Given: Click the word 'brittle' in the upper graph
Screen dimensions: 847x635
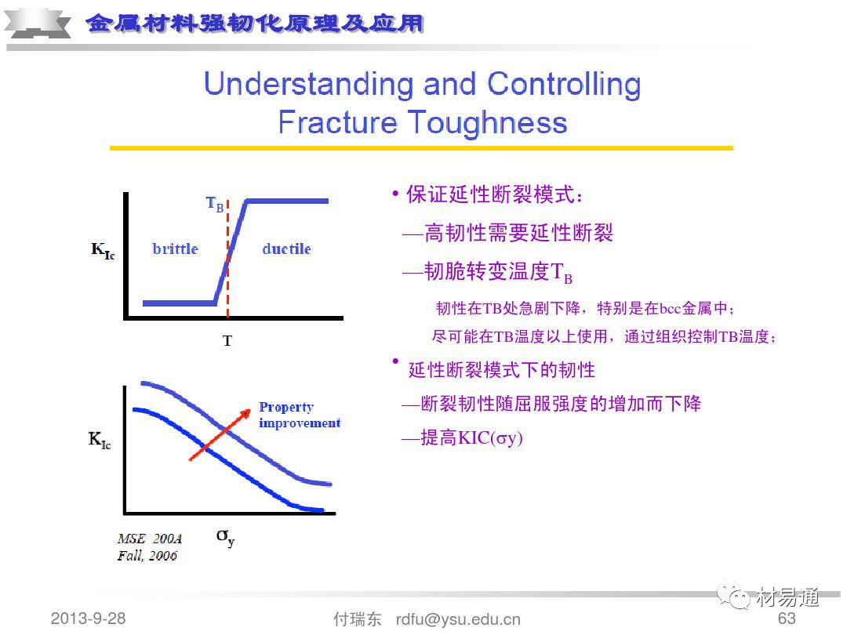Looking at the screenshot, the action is pyautogui.click(x=176, y=249).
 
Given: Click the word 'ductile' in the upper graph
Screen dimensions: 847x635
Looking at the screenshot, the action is pyautogui.click(x=286, y=249).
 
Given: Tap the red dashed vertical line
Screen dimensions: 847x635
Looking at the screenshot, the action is pyautogui.click(x=228, y=258).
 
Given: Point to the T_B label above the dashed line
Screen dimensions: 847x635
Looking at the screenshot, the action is pyautogui.click(x=215, y=204).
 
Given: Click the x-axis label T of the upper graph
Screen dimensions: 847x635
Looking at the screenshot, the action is pyautogui.click(x=227, y=341).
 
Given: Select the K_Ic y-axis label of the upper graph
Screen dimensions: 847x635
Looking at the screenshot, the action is pyautogui.click(x=103, y=250).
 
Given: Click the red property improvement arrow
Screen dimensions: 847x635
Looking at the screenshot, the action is pyautogui.click(x=220, y=434).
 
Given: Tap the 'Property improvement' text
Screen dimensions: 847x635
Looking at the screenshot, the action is pyautogui.click(x=300, y=415).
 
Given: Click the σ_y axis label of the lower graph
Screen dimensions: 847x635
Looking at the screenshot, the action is pyautogui.click(x=225, y=537).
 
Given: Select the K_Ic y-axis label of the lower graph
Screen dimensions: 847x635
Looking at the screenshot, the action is pyautogui.click(x=100, y=440).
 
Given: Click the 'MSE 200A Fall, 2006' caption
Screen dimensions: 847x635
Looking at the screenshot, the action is pyautogui.click(x=149, y=547).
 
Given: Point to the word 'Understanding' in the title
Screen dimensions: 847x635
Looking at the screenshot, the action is pyautogui.click(x=310, y=85).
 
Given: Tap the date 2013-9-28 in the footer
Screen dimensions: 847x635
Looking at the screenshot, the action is pyautogui.click(x=88, y=619).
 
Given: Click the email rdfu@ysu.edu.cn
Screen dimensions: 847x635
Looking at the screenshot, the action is pyautogui.click(x=458, y=619).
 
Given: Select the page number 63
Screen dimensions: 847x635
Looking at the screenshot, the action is pyautogui.click(x=787, y=619).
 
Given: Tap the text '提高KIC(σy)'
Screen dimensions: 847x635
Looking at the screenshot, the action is pyautogui.click(x=471, y=437).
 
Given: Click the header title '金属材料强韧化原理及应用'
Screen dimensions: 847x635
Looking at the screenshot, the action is pyautogui.click(x=254, y=24).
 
